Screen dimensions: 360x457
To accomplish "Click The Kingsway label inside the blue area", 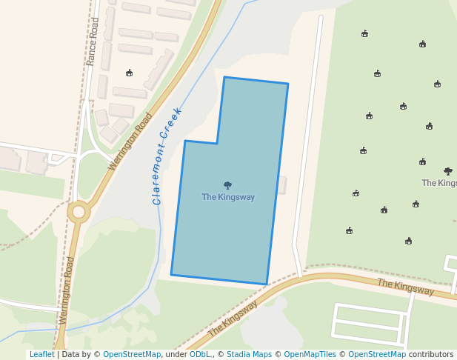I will pyautogui.click(x=228, y=197).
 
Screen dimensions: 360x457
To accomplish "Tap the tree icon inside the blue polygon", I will pyautogui.click(x=227, y=185).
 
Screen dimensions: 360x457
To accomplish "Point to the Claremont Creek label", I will pyautogui.click(x=167, y=156).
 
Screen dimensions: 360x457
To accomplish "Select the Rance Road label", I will pyautogui.click(x=93, y=41).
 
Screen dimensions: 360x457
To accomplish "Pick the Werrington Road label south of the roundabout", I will pyautogui.click(x=67, y=290).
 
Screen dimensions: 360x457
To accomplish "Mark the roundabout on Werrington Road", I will pyautogui.click(x=79, y=211).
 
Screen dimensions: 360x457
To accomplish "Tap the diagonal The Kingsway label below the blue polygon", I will pyautogui.click(x=233, y=318).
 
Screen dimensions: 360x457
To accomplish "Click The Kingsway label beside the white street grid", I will pyautogui.click(x=405, y=287).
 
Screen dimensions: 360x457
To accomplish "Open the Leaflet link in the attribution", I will pyautogui.click(x=41, y=355).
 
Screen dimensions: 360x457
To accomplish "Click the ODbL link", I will pyautogui.click(x=200, y=355).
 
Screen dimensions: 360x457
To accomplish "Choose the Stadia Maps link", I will pyautogui.click(x=249, y=355).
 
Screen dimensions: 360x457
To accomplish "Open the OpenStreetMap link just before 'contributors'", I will pyautogui.click(x=376, y=355).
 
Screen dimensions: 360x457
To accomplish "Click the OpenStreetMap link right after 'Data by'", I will pyautogui.click(x=131, y=355).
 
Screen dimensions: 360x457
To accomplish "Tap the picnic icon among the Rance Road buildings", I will pyautogui.click(x=129, y=73).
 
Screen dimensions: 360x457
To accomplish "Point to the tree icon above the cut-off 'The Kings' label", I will pyautogui.click(x=447, y=171).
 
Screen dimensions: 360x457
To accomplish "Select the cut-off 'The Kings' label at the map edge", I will pyautogui.click(x=439, y=183).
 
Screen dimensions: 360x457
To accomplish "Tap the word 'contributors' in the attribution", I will pyautogui.click(x=430, y=355).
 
